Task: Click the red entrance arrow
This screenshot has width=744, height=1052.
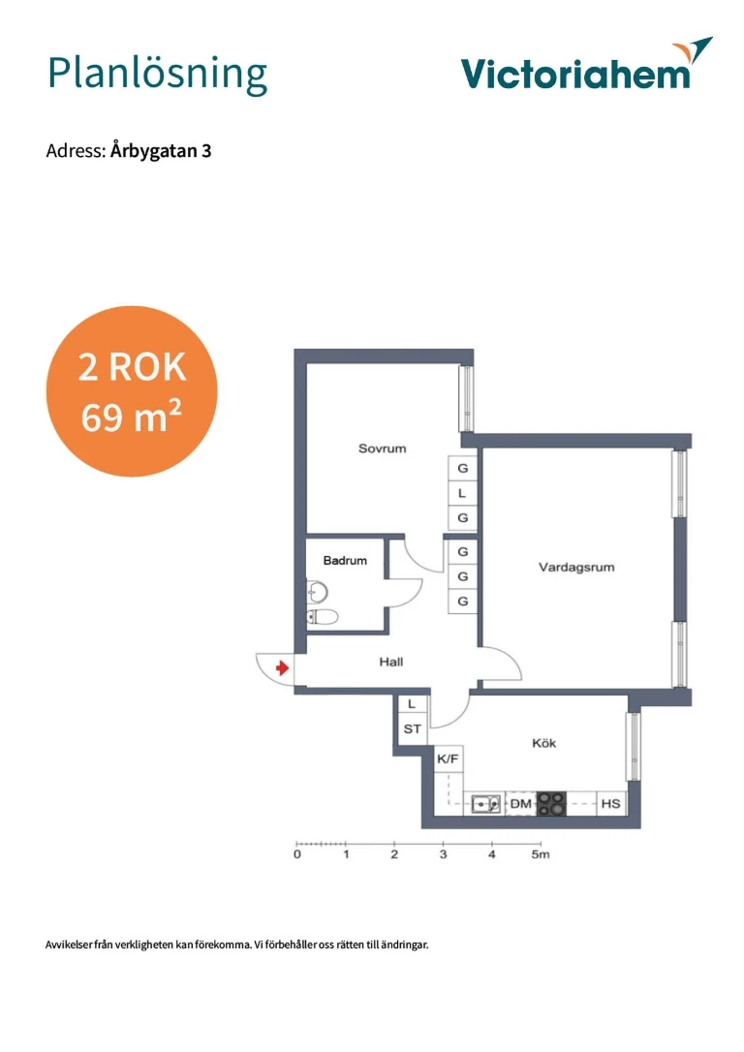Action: click(x=283, y=667)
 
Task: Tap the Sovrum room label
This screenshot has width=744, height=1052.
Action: click(x=382, y=449)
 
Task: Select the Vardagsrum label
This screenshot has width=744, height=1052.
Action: click(x=576, y=568)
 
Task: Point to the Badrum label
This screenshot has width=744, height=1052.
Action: click(x=345, y=560)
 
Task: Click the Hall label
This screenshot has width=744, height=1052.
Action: click(x=391, y=663)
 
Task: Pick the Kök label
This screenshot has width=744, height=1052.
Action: click(x=543, y=743)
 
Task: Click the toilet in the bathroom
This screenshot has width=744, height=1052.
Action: click(x=322, y=617)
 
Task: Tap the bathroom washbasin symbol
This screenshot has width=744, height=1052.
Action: click(x=318, y=593)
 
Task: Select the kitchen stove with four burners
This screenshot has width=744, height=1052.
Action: click(x=551, y=804)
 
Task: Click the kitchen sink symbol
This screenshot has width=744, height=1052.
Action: click(x=485, y=804)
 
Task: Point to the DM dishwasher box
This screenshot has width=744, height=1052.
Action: click(x=520, y=804)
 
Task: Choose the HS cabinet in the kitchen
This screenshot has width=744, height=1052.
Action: click(x=611, y=804)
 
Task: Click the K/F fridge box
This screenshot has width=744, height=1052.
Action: click(x=449, y=759)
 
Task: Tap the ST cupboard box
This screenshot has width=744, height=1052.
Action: click(x=413, y=728)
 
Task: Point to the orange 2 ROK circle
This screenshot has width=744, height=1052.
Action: click(x=132, y=391)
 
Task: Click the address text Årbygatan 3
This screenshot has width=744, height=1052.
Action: click(x=161, y=151)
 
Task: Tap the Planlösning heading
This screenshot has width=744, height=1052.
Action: click(x=158, y=75)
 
